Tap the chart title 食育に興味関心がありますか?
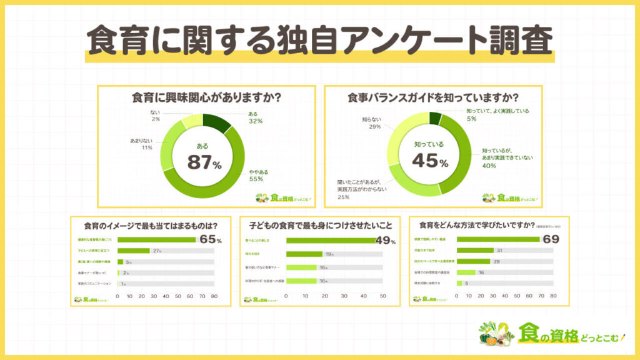tap(205, 98)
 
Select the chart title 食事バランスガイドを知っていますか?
tap(434, 98)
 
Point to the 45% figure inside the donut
tap(430, 162)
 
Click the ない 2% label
tap(156, 115)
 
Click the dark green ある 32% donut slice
tap(222, 123)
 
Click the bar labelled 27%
tap(134, 251)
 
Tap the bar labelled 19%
tap(304, 254)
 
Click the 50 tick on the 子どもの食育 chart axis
tap(382, 295)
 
